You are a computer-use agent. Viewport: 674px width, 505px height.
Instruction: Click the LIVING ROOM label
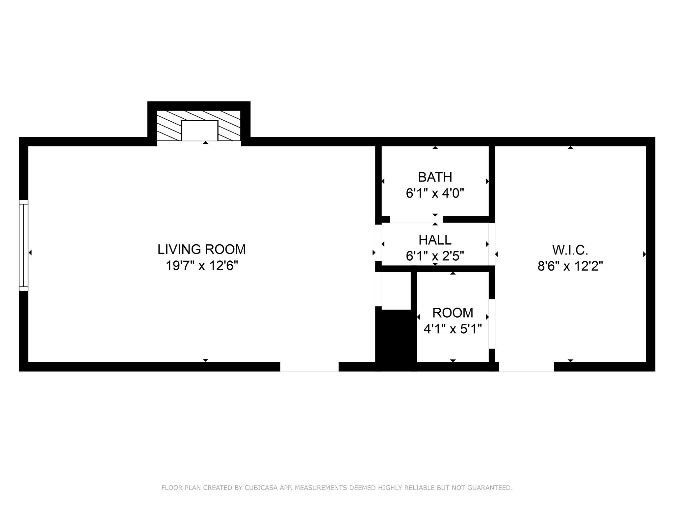coord(201,250)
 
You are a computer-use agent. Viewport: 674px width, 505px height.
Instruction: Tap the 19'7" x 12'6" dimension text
coord(201,266)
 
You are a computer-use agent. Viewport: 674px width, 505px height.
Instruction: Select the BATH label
coord(435,177)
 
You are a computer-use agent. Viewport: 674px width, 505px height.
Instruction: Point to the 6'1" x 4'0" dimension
coord(435,193)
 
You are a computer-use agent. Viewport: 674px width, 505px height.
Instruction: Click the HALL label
coord(435,240)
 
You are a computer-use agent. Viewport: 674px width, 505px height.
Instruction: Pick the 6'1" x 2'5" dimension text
coord(435,256)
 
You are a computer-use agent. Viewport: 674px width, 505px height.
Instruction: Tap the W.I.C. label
coord(570,250)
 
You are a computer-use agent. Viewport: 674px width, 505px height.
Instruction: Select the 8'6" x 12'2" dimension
coord(570,266)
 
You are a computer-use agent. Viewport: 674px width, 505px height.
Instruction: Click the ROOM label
coord(453,313)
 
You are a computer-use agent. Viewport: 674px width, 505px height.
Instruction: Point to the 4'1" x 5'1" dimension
coord(453,329)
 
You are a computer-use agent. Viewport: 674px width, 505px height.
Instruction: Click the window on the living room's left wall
coord(24,245)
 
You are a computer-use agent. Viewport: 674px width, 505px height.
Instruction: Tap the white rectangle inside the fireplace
coord(199,131)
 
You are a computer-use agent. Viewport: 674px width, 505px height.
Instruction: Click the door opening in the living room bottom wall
coord(309,367)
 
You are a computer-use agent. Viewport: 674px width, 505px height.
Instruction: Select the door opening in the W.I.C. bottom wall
coord(526,367)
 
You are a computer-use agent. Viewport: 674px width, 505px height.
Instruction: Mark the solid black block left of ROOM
coord(396,339)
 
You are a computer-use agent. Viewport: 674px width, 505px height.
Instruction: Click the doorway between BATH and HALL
coord(416,220)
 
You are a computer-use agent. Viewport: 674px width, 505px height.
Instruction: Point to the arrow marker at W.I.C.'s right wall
coord(644,254)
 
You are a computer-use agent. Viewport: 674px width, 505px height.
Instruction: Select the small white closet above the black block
coord(396,291)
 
